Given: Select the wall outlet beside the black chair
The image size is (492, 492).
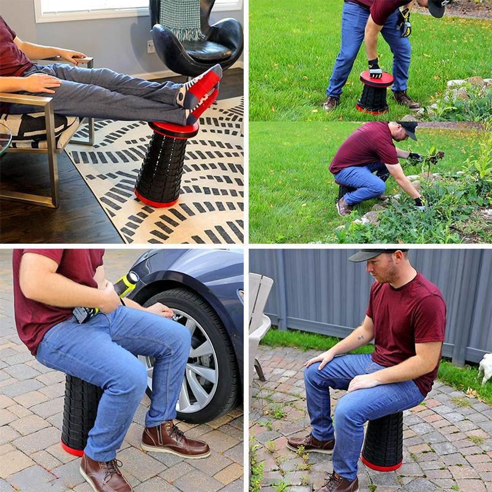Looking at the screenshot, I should coord(151,47).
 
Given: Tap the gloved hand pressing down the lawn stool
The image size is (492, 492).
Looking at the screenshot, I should coord(375,69).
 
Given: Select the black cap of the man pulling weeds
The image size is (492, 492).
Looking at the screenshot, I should coord(408,128).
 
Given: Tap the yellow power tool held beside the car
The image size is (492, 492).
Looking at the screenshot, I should coord(125,285).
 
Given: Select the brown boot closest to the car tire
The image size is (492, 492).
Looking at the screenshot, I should coord(175,440).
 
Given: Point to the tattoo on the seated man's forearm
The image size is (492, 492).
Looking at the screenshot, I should coord(360,337).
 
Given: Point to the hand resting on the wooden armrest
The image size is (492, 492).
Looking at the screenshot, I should coord(71,56).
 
